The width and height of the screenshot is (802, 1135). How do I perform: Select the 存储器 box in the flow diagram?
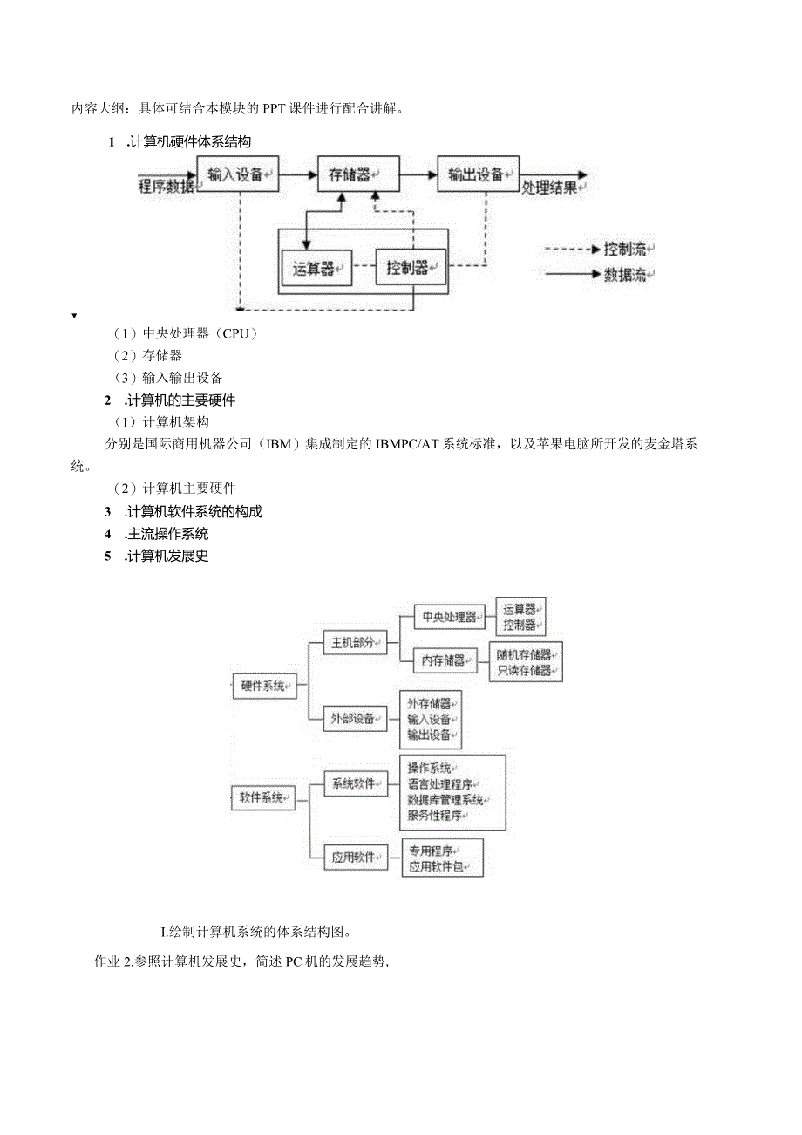click(x=357, y=174)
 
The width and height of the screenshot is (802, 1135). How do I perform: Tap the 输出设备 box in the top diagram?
click(x=478, y=174)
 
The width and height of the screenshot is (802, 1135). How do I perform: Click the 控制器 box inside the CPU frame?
click(x=410, y=267)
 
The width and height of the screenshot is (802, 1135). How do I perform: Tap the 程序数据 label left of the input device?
click(x=167, y=186)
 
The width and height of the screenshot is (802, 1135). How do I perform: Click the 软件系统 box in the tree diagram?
click(x=263, y=797)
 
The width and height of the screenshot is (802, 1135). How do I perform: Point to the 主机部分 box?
click(x=355, y=643)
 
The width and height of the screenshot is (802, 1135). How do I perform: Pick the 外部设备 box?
click(x=355, y=719)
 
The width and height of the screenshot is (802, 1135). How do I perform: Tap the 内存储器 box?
click(x=445, y=660)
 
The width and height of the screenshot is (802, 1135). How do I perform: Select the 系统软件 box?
click(x=355, y=783)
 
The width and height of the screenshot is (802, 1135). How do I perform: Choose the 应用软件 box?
click(x=355, y=857)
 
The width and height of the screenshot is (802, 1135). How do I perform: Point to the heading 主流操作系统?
click(x=167, y=534)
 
